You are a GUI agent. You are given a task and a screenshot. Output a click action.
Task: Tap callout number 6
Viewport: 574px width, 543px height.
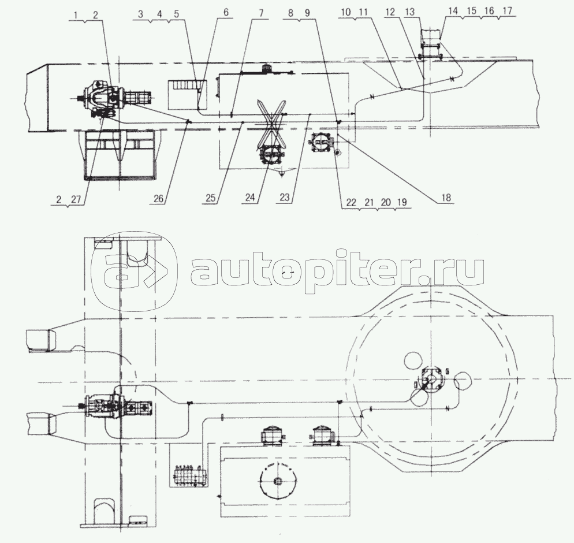(x=225, y=13)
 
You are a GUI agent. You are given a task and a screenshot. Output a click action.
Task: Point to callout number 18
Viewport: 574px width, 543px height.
(x=446, y=198)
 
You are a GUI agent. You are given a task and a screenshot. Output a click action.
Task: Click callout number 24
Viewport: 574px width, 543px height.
(x=250, y=198)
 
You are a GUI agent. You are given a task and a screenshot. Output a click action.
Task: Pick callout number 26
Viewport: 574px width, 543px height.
(x=159, y=198)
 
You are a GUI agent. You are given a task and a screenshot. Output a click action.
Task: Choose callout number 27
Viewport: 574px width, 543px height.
(x=76, y=199)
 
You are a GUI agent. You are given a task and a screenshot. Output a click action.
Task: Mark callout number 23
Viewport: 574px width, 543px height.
(x=284, y=198)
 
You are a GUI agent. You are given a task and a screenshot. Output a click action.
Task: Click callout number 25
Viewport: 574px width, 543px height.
(x=210, y=198)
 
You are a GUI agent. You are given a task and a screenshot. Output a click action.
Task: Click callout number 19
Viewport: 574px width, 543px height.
(x=401, y=203)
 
